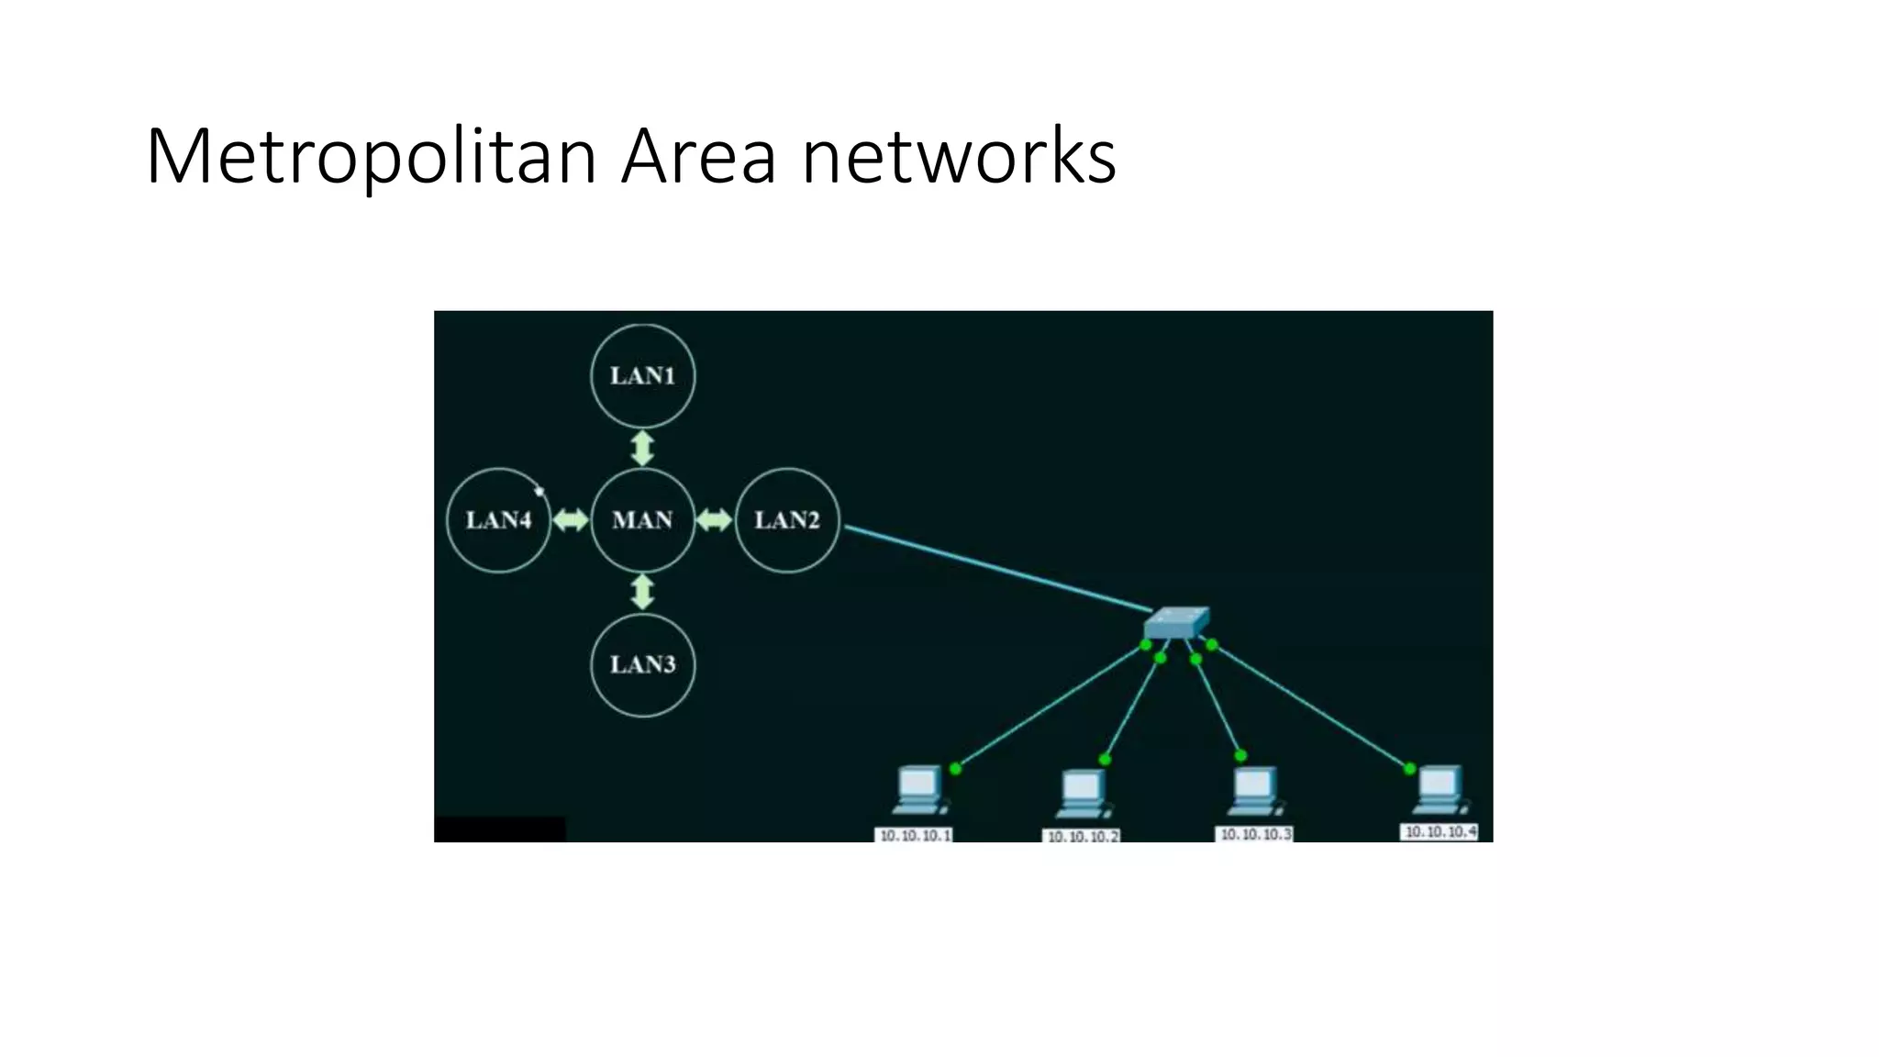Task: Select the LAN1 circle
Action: pos(642,375)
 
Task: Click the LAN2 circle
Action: pos(786,520)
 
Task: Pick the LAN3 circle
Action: pos(642,664)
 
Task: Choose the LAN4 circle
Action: pos(498,520)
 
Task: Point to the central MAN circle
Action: pos(642,520)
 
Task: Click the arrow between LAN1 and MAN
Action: pos(642,448)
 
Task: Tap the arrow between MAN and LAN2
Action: pos(714,520)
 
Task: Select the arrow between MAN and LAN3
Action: pos(642,592)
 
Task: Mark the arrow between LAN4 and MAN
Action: pos(570,520)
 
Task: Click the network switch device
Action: pos(1176,622)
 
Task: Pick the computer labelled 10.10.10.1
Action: pos(918,791)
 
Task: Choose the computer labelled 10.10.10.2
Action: pos(1083,795)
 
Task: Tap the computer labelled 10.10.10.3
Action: pos(1253,791)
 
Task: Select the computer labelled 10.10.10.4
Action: pos(1439,790)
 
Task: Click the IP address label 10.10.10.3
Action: pos(1254,834)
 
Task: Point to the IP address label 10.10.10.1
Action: pos(915,835)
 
